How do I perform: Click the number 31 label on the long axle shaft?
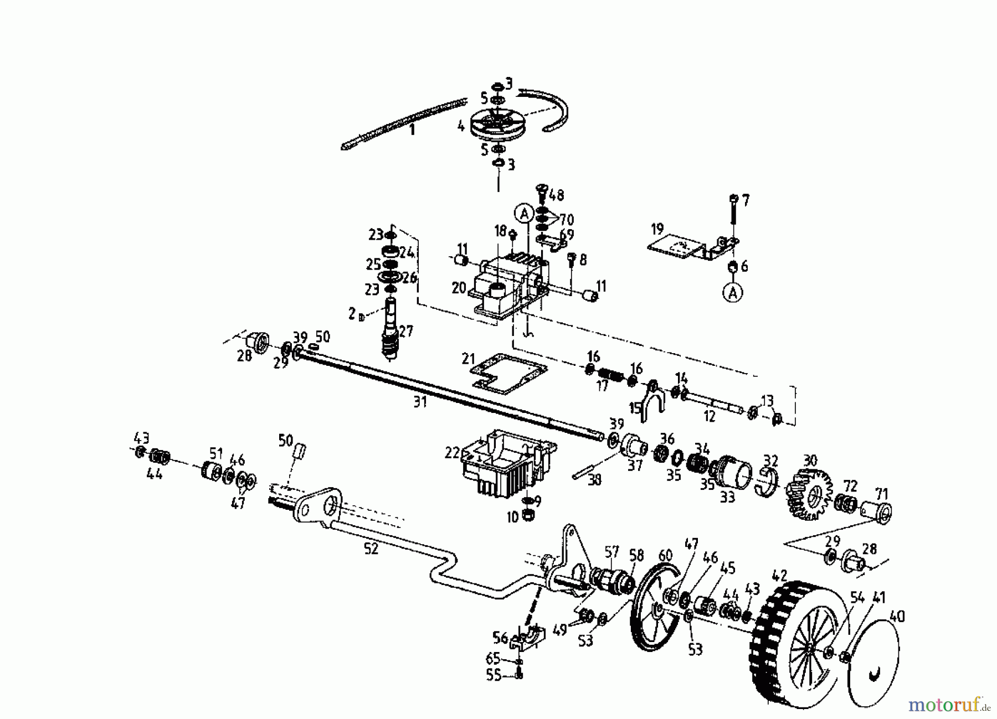pyautogui.click(x=420, y=402)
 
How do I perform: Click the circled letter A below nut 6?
pyautogui.click(x=733, y=292)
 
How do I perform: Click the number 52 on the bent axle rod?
pyautogui.click(x=371, y=549)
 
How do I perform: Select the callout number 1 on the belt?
pyautogui.click(x=411, y=131)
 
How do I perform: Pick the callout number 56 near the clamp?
pyautogui.click(x=500, y=638)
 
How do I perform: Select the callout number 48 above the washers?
pyautogui.click(x=557, y=195)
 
